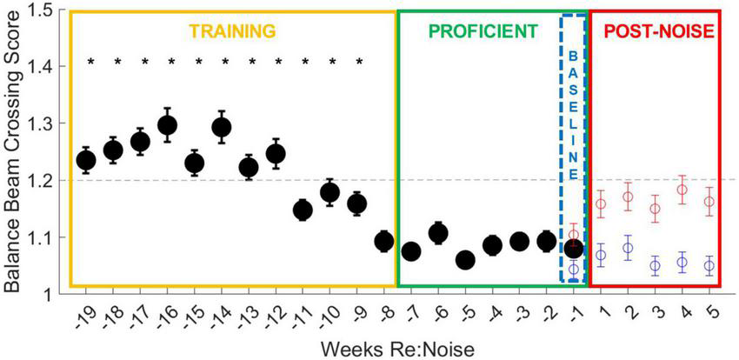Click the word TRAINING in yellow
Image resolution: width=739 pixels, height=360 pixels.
pos(232,32)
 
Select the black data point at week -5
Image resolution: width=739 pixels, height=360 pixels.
pos(465,260)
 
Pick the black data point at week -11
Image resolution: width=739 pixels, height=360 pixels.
pos(303,210)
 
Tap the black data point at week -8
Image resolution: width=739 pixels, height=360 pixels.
pos(383,241)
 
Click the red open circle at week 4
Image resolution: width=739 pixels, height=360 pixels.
pos(682,190)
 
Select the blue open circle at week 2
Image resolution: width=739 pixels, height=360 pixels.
pos(628,248)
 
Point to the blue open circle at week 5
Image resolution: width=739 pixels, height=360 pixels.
pos(709,265)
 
